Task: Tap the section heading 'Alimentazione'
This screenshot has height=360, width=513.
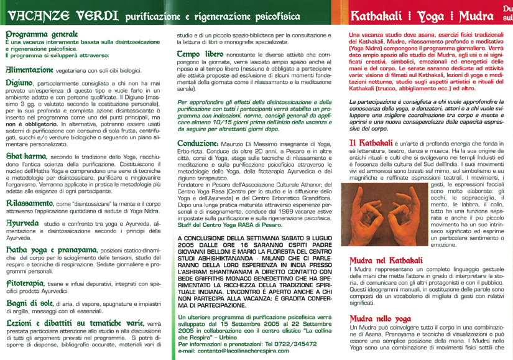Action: pos(29,72)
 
